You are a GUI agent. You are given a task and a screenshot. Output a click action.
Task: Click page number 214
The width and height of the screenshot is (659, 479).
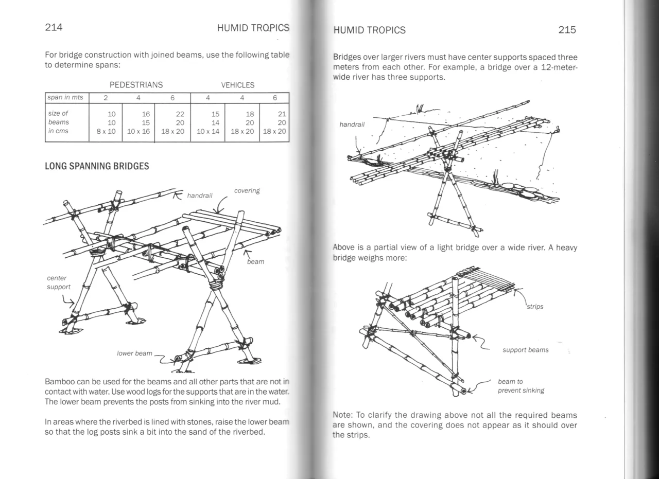[54, 28]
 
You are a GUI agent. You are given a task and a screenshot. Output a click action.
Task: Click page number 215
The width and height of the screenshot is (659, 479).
[567, 30]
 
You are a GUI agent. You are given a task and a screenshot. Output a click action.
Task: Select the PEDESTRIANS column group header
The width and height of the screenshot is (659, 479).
[136, 85]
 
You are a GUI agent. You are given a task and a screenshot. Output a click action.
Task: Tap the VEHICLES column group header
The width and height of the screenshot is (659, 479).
[238, 85]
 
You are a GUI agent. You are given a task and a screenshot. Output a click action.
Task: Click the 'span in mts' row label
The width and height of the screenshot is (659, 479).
[65, 98]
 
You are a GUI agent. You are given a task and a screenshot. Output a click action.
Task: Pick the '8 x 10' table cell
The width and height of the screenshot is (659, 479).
[106, 131]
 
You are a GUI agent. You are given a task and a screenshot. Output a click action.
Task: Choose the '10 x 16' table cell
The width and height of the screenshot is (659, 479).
[138, 131]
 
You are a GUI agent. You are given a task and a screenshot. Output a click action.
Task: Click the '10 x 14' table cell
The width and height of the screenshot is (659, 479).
[208, 131]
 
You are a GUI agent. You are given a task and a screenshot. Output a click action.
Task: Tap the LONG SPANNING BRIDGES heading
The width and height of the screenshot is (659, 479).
[97, 166]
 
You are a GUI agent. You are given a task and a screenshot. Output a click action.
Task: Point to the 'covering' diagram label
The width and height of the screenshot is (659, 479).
[247, 191]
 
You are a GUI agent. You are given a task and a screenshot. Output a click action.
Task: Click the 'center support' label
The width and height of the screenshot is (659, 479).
[58, 282]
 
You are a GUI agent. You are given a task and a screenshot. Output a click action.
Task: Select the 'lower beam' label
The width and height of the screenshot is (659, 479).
[134, 353]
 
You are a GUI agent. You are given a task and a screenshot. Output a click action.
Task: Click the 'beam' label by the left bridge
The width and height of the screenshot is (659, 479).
[255, 262]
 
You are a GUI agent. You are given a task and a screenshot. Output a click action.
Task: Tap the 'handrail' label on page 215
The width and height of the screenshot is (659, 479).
[352, 125]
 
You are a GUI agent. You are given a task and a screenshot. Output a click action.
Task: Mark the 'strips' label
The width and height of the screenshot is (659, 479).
[535, 307]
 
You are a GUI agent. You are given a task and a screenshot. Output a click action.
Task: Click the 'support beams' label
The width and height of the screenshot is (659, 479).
[525, 350]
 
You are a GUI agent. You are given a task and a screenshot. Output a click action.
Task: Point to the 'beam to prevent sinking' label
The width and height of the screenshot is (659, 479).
[521, 386]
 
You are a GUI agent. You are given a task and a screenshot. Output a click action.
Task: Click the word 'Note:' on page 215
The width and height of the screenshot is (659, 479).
[342, 415]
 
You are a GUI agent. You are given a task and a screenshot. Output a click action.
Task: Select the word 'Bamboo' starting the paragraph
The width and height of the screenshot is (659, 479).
[59, 382]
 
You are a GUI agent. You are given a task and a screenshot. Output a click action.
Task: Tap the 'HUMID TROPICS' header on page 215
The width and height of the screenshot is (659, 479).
[369, 30]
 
